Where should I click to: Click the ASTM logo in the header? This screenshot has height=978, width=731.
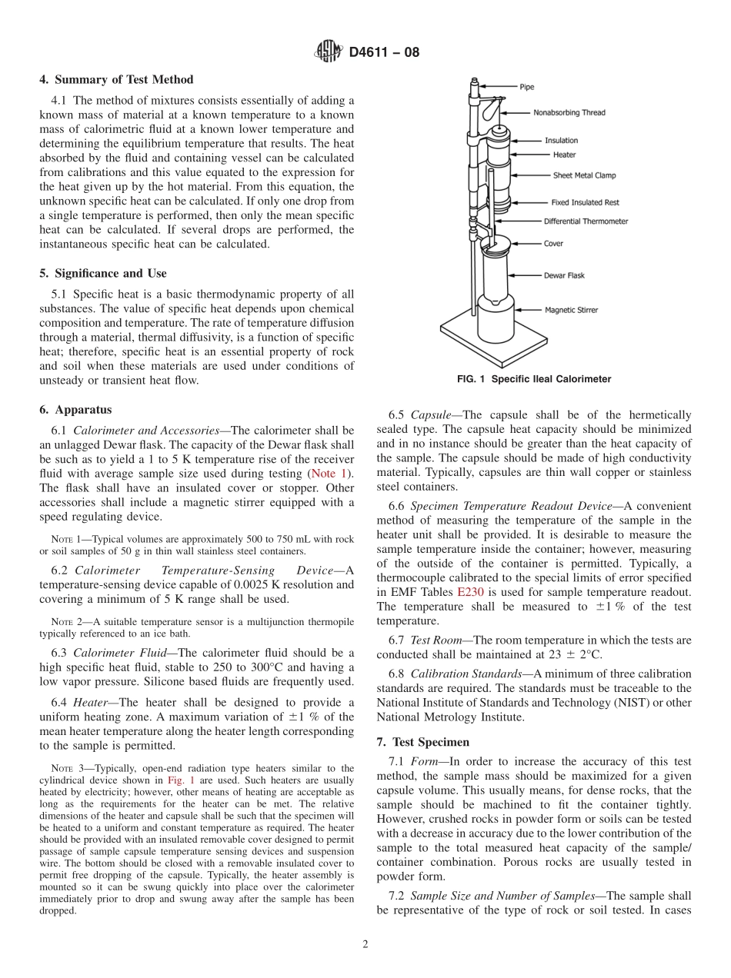pos(328,52)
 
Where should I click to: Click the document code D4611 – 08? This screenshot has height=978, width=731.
pos(384,53)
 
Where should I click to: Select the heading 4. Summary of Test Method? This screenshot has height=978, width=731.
pos(116,80)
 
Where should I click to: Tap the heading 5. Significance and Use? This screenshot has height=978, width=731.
pos(103,274)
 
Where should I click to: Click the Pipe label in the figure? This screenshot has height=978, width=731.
pos(526,88)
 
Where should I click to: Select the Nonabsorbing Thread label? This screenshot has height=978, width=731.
pos(569,113)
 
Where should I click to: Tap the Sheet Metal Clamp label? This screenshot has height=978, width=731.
pos(584,175)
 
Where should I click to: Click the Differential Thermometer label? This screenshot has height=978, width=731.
pos(586,221)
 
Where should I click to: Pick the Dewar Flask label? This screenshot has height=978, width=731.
pos(564,274)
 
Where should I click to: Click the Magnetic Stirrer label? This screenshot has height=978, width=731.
pos(571,311)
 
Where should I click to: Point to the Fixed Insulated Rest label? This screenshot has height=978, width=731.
pos(585,203)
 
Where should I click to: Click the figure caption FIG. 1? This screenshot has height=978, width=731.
pos(533,379)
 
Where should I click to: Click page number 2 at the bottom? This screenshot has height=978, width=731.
pos(365,945)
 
